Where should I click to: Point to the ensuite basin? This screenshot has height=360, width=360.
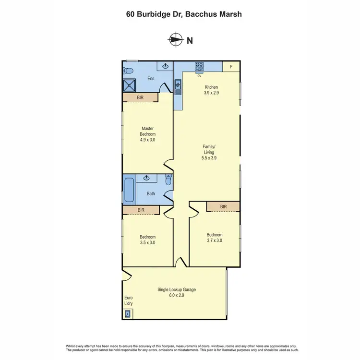(166, 66)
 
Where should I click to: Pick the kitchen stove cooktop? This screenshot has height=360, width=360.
(199, 67)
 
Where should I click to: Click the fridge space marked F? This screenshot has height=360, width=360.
(231, 67)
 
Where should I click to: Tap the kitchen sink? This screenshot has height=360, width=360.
(178, 86)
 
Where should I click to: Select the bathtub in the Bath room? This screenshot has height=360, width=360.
(129, 190)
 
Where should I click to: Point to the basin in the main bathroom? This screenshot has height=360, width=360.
(147, 178)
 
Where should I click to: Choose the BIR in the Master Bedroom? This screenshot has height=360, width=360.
(141, 97)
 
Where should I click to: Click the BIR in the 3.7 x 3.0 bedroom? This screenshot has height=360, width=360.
(223, 206)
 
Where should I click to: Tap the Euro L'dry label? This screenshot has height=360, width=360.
(128, 301)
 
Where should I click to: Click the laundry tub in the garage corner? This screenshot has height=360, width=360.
(128, 314)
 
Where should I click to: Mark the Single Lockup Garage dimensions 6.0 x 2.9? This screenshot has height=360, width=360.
(177, 296)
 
